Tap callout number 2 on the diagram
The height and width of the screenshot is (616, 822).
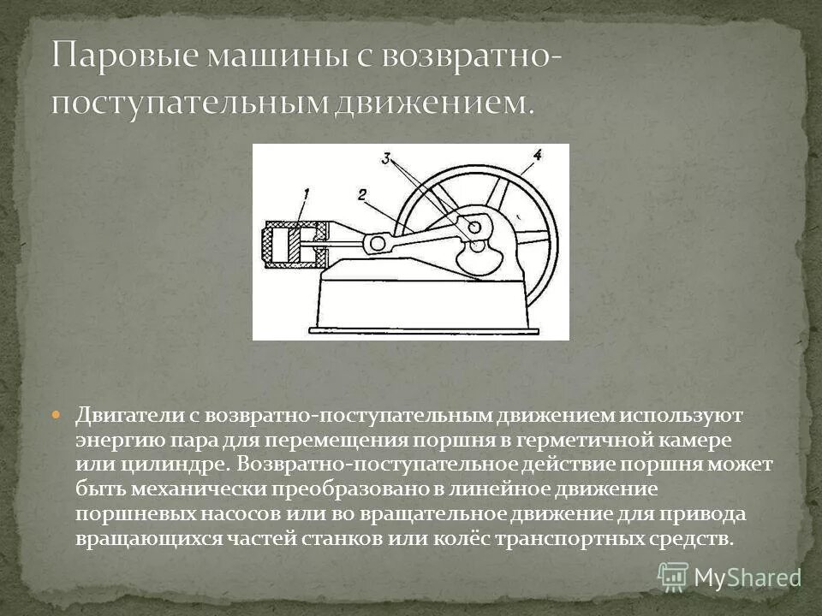pos(362,197)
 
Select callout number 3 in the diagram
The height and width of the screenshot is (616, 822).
pos(386,158)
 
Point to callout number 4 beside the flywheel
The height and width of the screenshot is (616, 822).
pos(537,155)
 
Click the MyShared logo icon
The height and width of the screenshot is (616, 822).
pos(672,576)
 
